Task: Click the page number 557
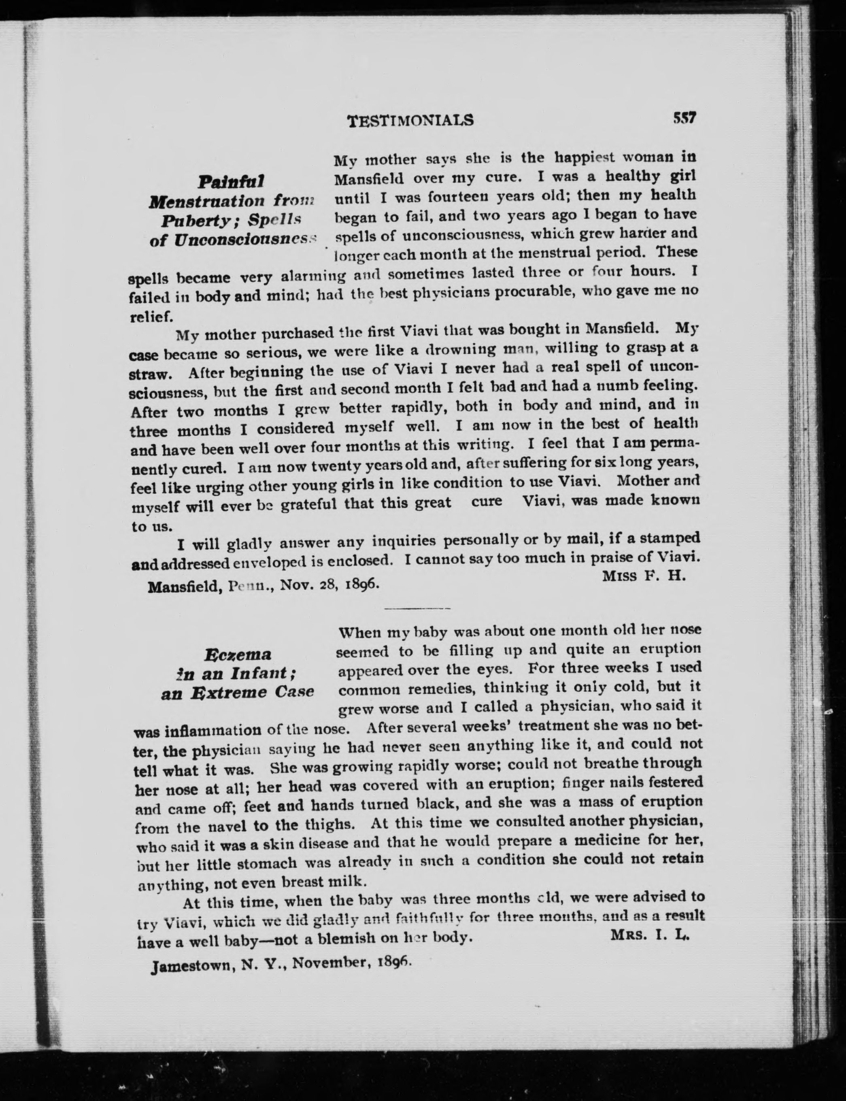[683, 118]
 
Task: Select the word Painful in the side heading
[231, 182]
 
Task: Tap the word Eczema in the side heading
[238, 655]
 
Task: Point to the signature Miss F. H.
[644, 576]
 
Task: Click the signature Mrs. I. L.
[650, 934]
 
